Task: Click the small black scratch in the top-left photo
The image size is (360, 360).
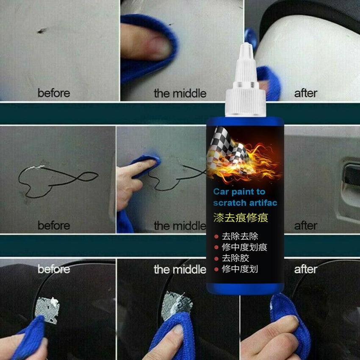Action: pyautogui.click(x=42, y=30)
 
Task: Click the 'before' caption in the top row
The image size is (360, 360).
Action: pyautogui.click(x=54, y=93)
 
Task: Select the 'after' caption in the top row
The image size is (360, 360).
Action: pyautogui.click(x=306, y=93)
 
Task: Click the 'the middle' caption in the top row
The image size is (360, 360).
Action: pyautogui.click(x=180, y=93)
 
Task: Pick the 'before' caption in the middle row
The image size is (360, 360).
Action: pyautogui.click(x=54, y=226)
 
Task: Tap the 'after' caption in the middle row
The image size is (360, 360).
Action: pyautogui.click(x=306, y=226)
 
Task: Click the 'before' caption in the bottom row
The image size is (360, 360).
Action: pyautogui.click(x=54, y=269)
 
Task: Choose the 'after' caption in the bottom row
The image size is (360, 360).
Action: pyautogui.click(x=306, y=269)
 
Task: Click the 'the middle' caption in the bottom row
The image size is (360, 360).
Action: pyautogui.click(x=180, y=269)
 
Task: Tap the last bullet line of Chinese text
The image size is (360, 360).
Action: pyautogui.click(x=240, y=269)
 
